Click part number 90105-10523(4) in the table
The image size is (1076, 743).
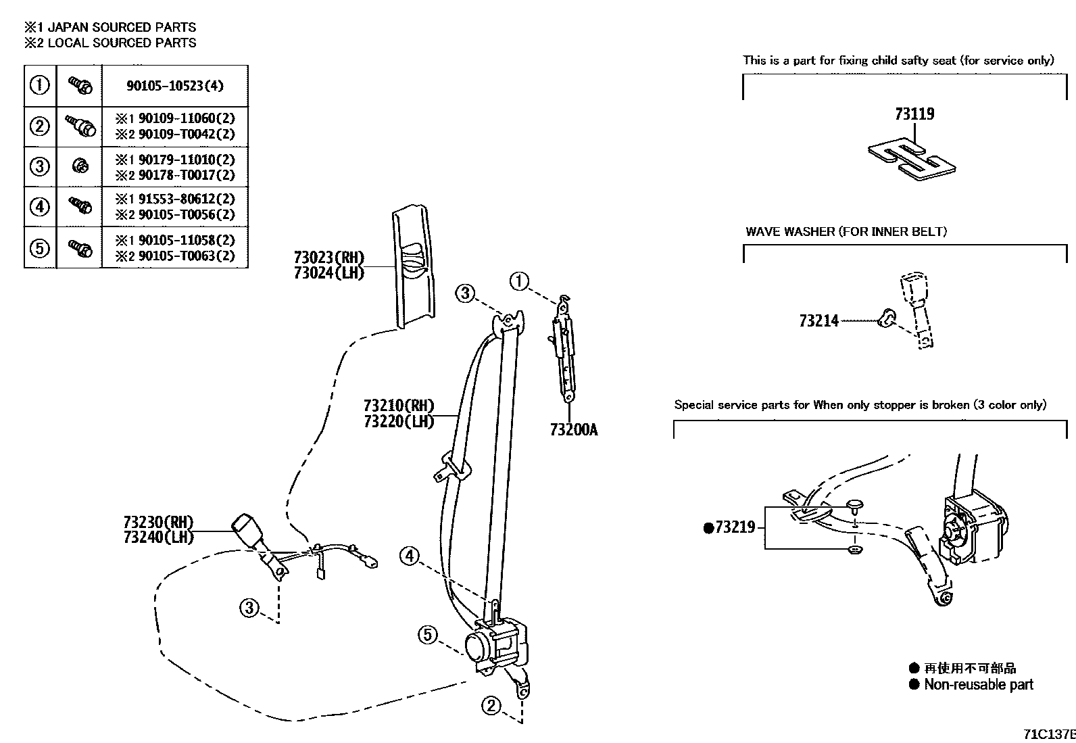(174, 86)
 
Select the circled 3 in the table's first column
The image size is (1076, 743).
(40, 166)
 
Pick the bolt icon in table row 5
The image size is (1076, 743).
(80, 248)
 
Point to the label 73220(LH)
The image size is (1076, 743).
(398, 421)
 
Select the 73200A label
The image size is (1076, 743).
(573, 430)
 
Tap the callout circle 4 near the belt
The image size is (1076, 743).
(409, 556)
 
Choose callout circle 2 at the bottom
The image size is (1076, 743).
(491, 706)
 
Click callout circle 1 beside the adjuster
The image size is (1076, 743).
(518, 281)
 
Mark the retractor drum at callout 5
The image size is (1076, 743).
(479, 648)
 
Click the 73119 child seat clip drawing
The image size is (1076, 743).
(912, 160)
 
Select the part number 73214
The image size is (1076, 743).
(818, 321)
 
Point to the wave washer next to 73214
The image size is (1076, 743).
(887, 316)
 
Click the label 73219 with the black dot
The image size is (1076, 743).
(729, 527)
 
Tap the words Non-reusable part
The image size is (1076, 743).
(978, 684)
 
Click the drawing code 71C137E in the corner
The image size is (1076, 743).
(1048, 734)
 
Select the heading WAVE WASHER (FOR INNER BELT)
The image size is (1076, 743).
(846, 232)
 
